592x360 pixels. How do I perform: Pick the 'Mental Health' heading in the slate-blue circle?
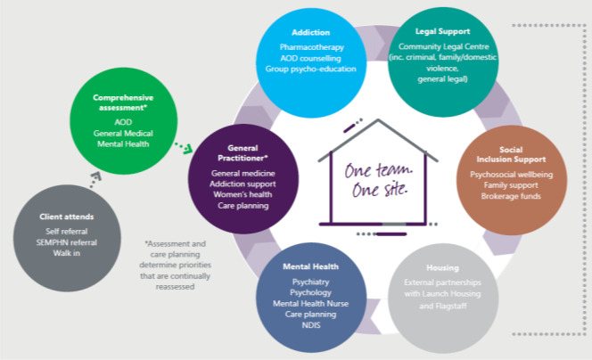tap(310, 266)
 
